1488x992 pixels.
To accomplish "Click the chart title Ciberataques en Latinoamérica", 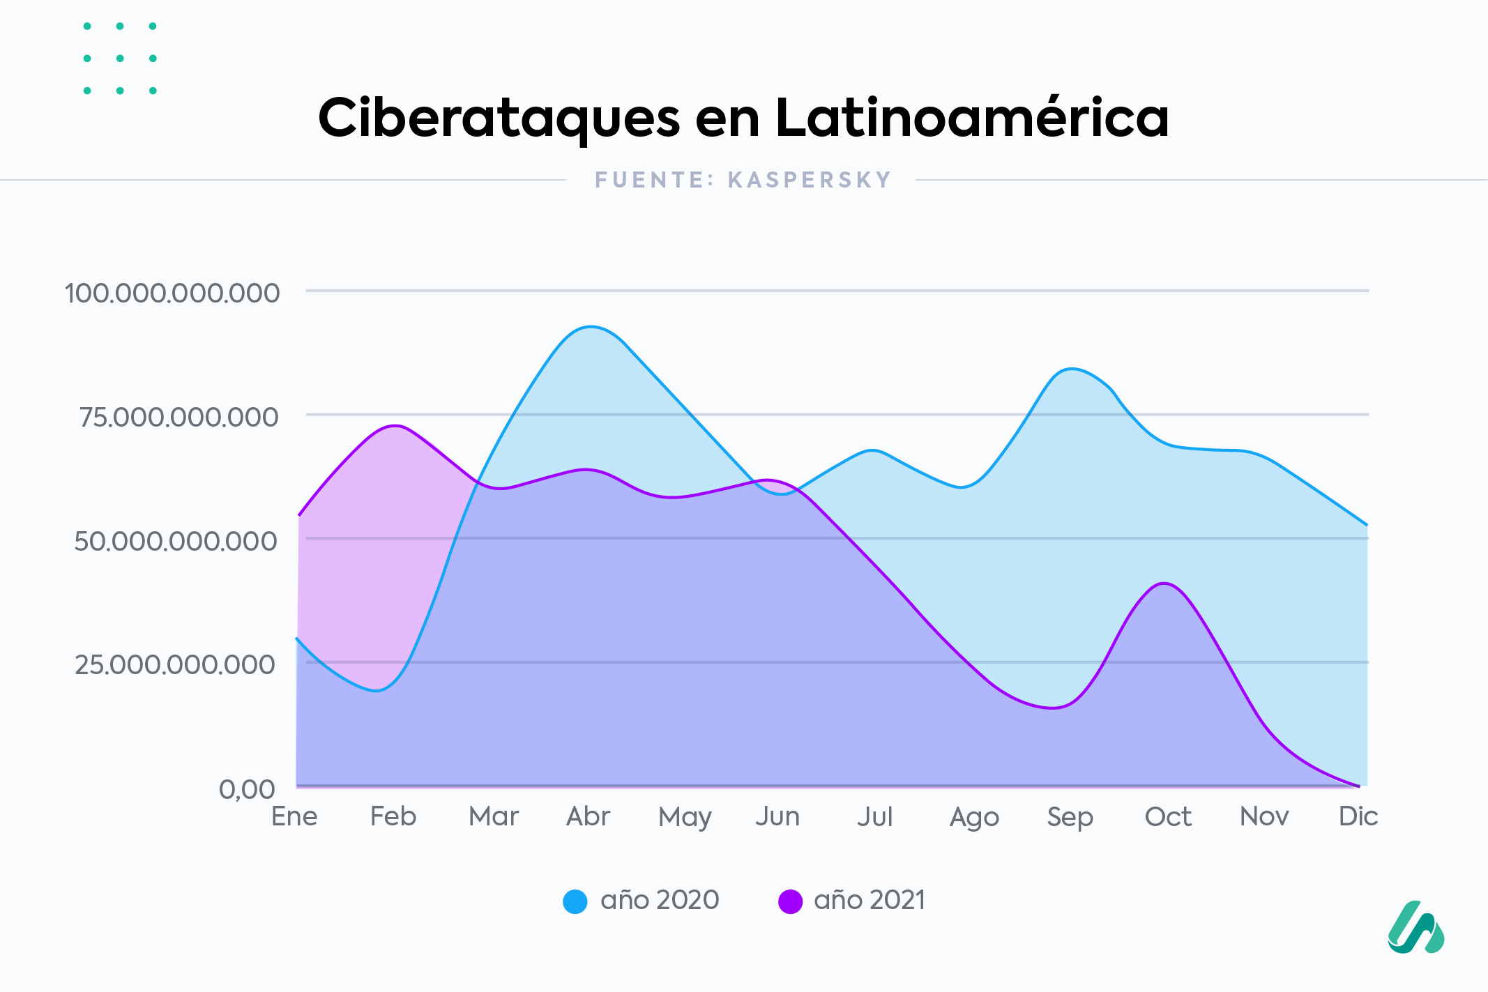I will point(743,118).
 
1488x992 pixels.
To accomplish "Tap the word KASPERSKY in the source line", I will point(810,180).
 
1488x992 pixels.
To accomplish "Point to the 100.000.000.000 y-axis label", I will point(172,293).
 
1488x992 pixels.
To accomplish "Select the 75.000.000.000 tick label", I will point(179,417).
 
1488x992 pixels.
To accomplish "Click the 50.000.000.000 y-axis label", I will point(176,541).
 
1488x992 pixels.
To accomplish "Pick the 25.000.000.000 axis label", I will point(175,664).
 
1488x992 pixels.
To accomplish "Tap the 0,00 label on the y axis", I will point(247,789).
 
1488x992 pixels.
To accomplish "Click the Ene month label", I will point(294,816).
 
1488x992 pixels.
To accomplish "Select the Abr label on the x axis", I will point(588,816).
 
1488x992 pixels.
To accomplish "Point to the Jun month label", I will point(777,816).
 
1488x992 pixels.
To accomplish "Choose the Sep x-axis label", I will point(1070,817).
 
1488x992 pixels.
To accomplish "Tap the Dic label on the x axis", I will point(1358,816).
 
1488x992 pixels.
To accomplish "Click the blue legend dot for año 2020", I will point(575,901).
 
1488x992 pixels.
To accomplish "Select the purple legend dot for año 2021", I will point(790,901).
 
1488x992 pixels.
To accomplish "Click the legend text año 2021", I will point(870,901).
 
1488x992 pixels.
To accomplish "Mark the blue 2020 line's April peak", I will point(591,326).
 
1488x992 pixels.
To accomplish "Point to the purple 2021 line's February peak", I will point(395,425).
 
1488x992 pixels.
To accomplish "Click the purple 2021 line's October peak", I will point(1164,583).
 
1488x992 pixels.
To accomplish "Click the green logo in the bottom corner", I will point(1415,928).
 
